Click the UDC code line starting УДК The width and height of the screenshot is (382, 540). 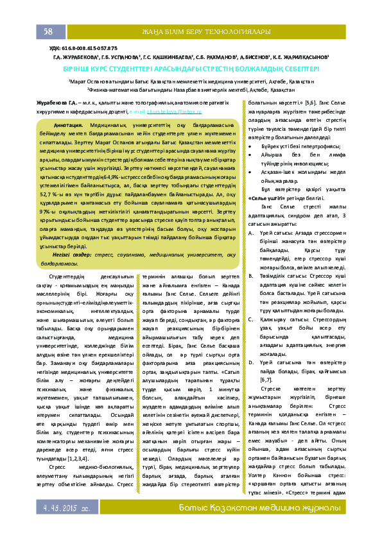point(83,48)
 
